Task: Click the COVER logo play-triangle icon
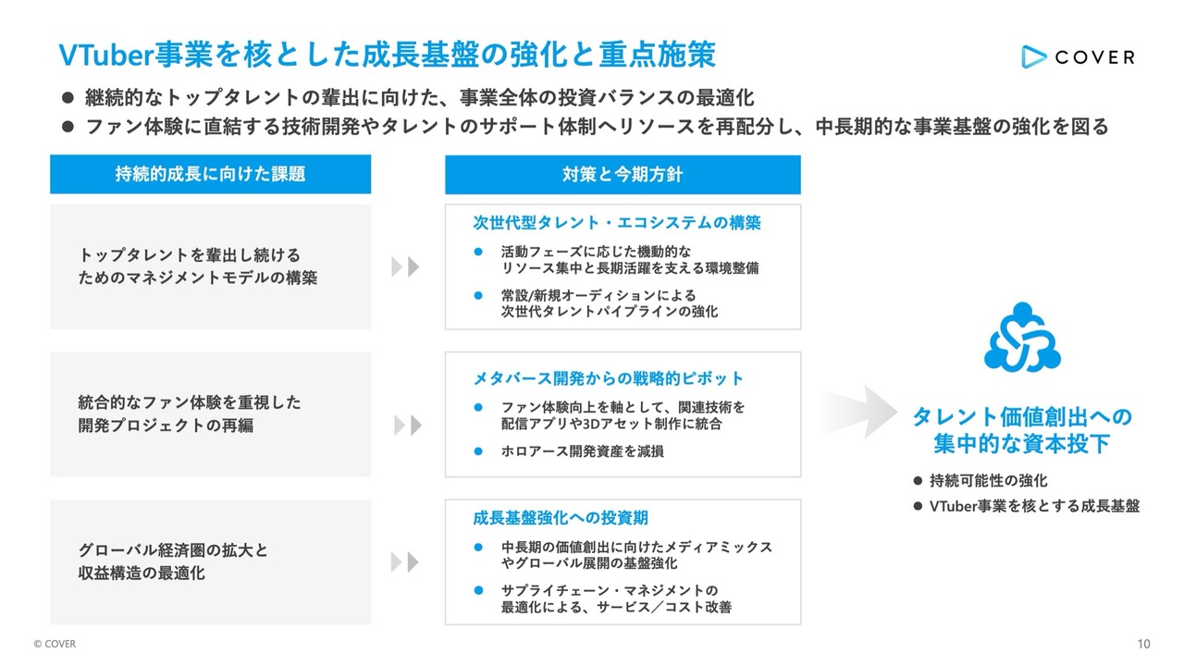tap(1033, 56)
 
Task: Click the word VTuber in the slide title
tap(105, 55)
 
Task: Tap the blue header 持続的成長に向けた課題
tap(210, 174)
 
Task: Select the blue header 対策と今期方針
tap(623, 175)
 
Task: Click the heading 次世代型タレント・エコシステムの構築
tap(617, 223)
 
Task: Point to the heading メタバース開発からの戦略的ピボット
tap(608, 378)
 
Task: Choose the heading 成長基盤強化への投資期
tap(561, 517)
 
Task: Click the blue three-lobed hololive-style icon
tap(1022, 338)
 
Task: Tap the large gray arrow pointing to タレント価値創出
tap(859, 412)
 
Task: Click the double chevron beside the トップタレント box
tap(405, 267)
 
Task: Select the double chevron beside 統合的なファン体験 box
tap(408, 425)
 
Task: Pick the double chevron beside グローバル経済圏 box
tap(405, 561)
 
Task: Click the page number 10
tap(1144, 644)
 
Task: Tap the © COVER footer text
tap(55, 644)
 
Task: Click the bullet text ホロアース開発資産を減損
tap(583, 450)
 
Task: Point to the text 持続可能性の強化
tap(989, 480)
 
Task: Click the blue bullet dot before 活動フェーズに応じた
tap(478, 252)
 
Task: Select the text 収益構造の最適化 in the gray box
tap(142, 573)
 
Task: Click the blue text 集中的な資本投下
tap(1021, 443)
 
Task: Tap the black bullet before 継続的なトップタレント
tap(68, 98)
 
